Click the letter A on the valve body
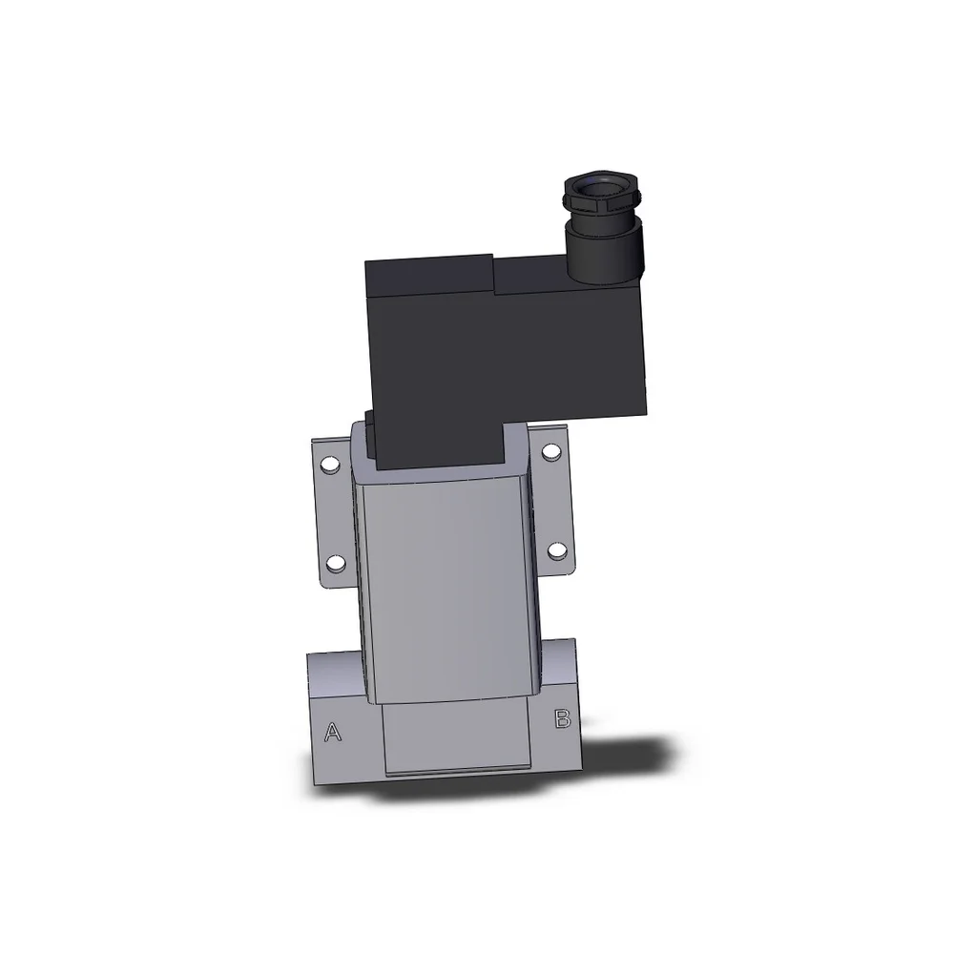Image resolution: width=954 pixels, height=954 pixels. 332,733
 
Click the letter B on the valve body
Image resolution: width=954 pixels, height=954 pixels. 563,719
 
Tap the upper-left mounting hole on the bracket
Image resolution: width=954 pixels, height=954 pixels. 329,467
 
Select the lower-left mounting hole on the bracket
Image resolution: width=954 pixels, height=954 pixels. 335,563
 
